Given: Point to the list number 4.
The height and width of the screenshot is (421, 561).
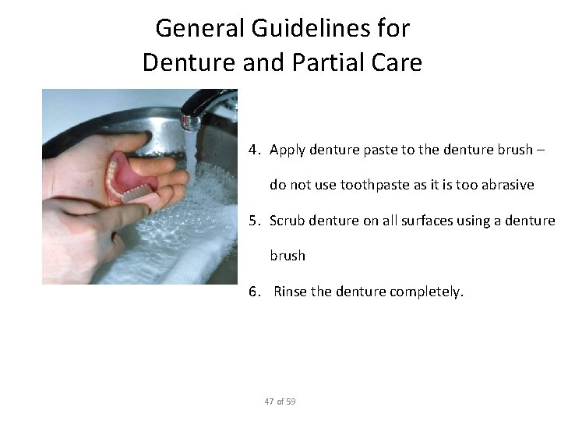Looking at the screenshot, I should [x=255, y=149].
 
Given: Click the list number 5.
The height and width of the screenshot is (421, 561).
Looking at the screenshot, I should [x=255, y=221].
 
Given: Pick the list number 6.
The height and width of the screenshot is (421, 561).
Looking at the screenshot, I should [x=255, y=292].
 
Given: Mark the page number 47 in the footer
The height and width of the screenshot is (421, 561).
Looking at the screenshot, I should [x=269, y=402].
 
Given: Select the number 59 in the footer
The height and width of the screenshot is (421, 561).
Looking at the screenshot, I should [x=291, y=402].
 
